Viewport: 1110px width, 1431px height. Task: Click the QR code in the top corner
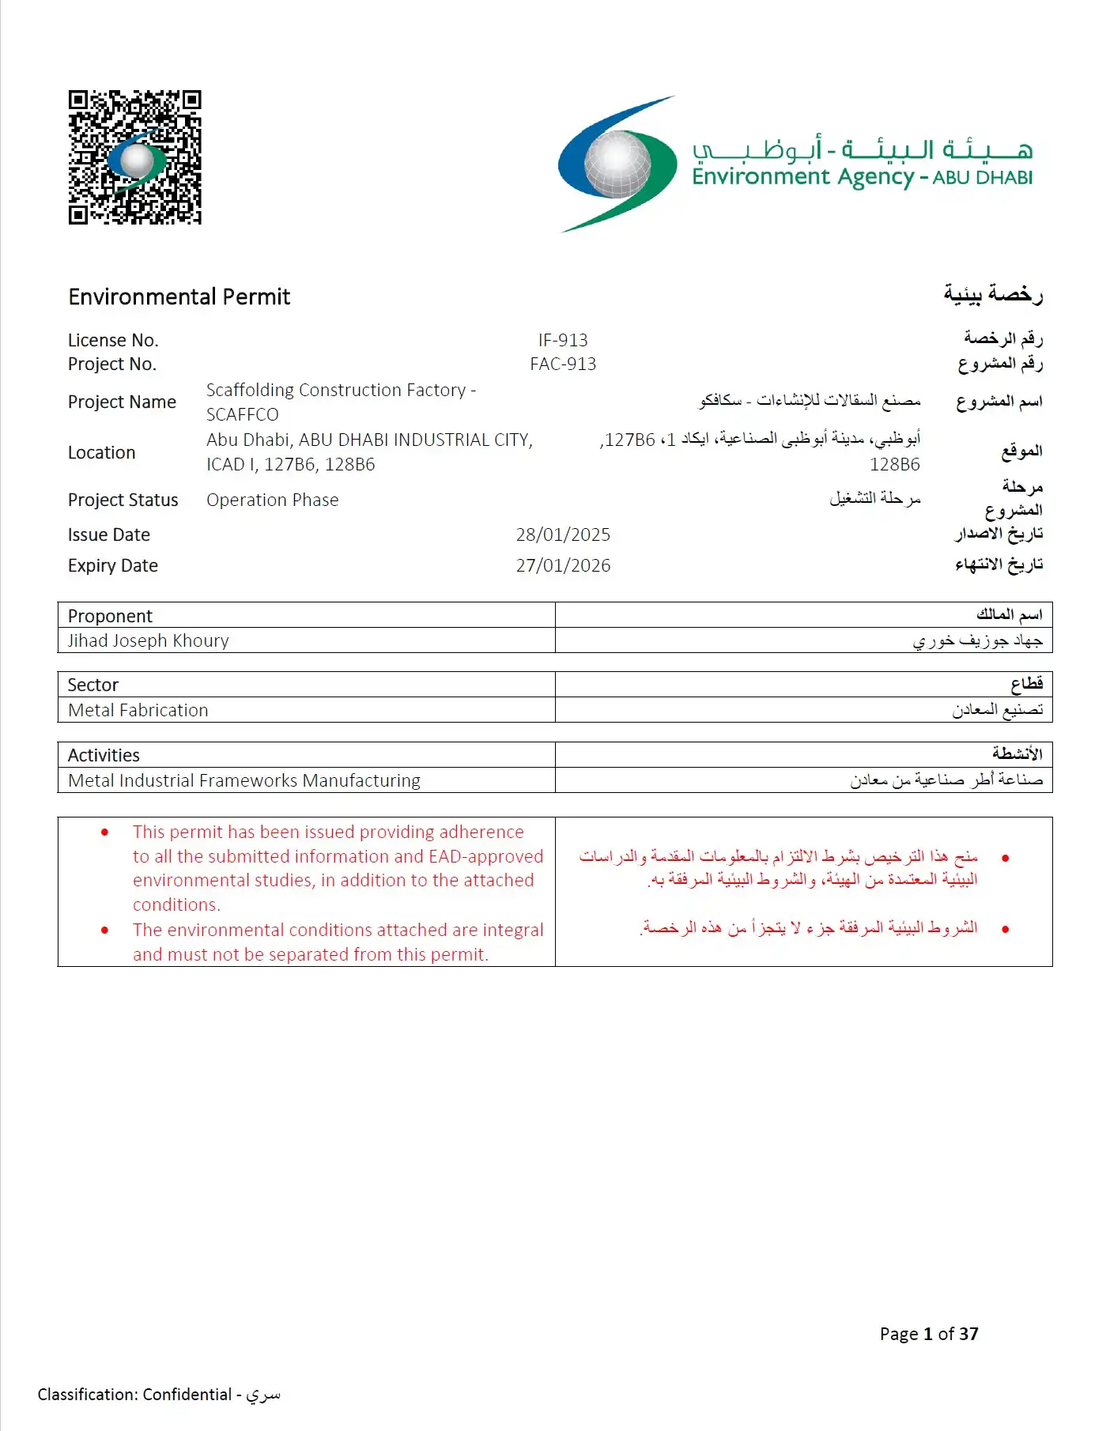(x=134, y=157)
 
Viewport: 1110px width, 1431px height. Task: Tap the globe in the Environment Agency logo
(x=617, y=164)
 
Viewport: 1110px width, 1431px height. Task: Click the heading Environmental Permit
(x=179, y=297)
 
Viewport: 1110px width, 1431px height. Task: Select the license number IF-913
(x=563, y=341)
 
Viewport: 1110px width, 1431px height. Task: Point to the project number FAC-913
(x=563, y=364)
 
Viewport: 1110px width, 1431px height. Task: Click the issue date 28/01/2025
(x=563, y=535)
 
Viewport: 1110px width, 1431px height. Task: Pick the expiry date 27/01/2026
(x=563, y=566)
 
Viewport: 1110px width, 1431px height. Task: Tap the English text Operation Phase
(x=272, y=500)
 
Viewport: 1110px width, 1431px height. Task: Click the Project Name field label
(x=122, y=402)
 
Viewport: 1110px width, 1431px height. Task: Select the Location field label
(x=101, y=453)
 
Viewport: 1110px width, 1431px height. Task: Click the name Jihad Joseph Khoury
(x=148, y=641)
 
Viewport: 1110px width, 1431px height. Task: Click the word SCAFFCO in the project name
(x=242, y=415)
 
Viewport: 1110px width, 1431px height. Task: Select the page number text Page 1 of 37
(x=929, y=1335)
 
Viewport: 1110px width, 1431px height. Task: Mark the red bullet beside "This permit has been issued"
(x=104, y=833)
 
